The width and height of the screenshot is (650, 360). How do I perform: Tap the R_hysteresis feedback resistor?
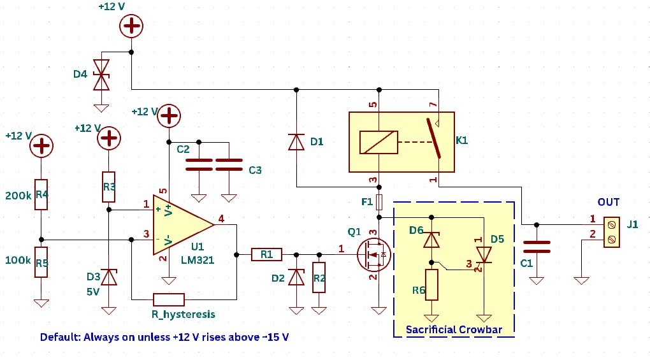pos(169,299)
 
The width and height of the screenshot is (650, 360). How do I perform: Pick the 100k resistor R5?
pos(41,262)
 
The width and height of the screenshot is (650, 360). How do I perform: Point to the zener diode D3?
pos(109,277)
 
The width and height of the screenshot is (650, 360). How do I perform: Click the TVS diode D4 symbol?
pos(100,76)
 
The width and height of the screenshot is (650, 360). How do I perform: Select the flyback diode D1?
pos(296,142)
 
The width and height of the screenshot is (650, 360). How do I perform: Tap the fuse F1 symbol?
pos(379,203)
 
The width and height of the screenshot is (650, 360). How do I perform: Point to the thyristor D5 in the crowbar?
pos(485,255)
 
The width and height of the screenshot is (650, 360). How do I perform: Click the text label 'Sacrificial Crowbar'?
pos(454,329)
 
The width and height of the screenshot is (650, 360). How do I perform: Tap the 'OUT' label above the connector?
pos(608,203)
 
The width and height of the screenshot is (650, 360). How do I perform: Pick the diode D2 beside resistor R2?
pos(296,277)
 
